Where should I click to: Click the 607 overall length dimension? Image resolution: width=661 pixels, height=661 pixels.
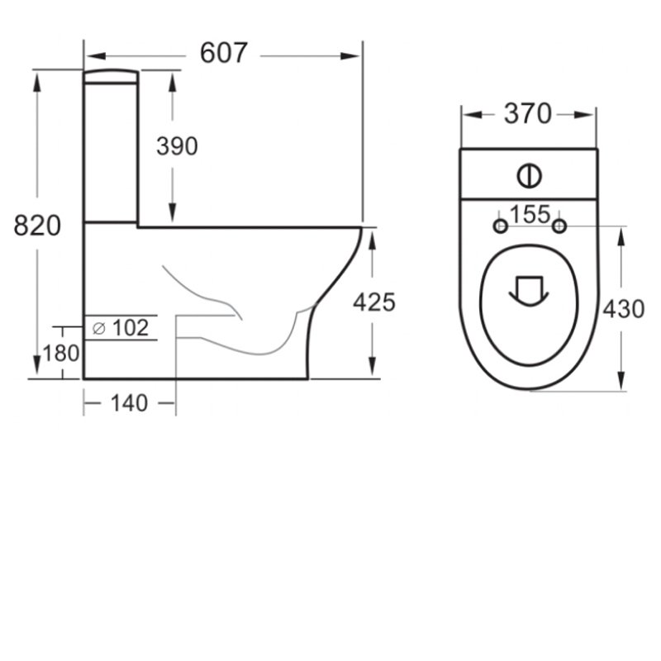[223, 54]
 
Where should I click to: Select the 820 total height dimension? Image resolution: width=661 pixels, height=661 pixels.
[37, 225]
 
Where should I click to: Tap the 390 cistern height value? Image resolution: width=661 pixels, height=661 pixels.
[177, 146]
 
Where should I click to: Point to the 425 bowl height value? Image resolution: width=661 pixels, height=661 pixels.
[373, 302]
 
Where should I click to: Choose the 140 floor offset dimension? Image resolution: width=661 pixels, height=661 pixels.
[129, 403]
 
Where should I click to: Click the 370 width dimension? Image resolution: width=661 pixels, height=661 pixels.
[527, 115]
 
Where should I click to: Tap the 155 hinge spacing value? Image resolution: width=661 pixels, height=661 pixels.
[529, 215]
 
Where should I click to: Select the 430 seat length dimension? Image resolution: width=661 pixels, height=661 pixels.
[623, 309]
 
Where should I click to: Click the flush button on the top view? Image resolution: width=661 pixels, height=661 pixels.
[529, 175]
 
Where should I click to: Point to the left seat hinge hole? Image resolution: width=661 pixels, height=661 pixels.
[499, 226]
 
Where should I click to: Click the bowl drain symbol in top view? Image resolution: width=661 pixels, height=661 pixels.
[528, 289]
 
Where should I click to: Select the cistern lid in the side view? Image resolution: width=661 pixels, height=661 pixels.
[111, 75]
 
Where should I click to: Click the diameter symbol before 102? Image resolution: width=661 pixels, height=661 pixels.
[98, 328]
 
